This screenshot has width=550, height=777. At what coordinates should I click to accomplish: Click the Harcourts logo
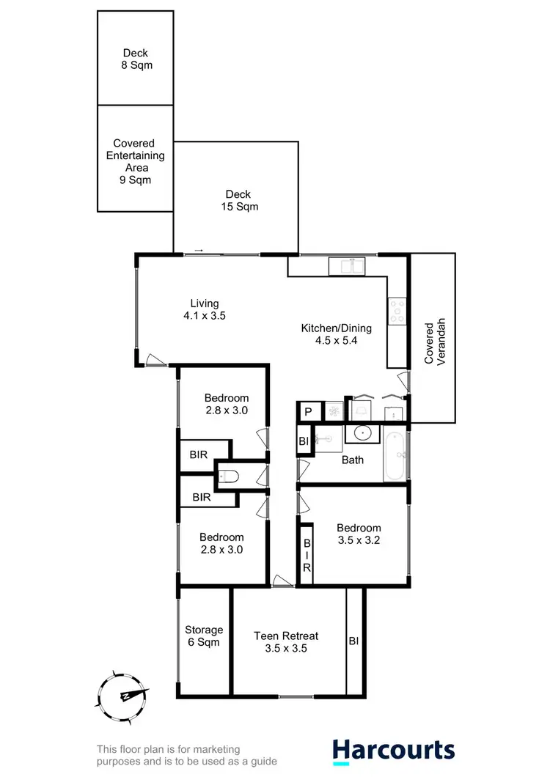(x=394, y=750)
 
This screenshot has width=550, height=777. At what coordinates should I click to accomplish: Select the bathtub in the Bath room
(x=395, y=454)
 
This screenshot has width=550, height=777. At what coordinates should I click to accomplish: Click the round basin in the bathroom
(x=361, y=433)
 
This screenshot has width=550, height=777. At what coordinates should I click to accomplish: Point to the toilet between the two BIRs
(x=229, y=477)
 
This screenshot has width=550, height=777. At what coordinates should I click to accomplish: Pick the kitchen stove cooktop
(x=397, y=311)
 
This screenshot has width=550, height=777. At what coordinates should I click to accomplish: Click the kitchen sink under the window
(x=346, y=266)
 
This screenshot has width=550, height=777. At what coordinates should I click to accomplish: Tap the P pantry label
(x=308, y=412)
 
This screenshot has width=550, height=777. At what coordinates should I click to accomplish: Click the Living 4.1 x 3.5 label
(x=205, y=310)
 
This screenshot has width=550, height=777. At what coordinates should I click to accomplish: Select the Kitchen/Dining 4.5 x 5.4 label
(x=337, y=334)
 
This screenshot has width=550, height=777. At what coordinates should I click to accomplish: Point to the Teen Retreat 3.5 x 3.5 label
(x=286, y=642)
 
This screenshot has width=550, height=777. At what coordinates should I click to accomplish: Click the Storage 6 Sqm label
(x=204, y=636)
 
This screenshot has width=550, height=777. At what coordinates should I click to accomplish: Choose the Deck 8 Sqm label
(x=135, y=59)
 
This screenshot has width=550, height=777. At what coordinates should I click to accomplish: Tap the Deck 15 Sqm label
(x=238, y=200)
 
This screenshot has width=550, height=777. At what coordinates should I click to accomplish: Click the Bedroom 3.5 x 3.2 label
(x=359, y=534)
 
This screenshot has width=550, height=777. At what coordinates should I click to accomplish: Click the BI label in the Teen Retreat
(x=353, y=641)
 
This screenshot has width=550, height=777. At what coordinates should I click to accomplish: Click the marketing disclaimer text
(x=187, y=755)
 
